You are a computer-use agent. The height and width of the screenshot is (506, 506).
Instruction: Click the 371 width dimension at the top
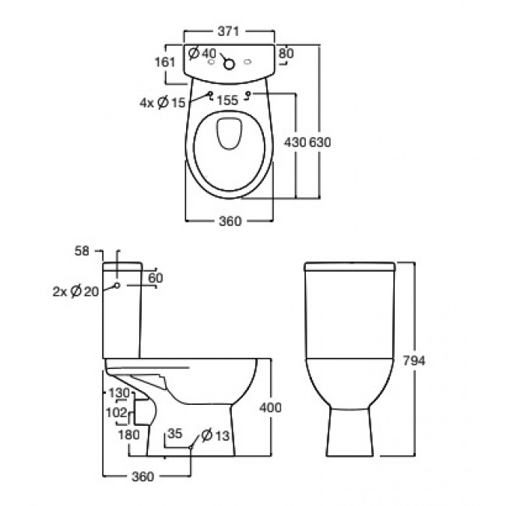[x=227, y=30]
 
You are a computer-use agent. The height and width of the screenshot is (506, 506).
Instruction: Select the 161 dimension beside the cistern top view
[x=162, y=62]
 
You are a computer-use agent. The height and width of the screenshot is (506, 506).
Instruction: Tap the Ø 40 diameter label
[x=202, y=54]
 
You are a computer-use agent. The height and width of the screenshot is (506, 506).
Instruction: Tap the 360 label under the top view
[x=227, y=220]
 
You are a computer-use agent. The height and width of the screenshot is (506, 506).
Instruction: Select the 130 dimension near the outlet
[x=118, y=393]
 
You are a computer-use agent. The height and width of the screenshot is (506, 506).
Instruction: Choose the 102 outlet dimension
[x=116, y=413]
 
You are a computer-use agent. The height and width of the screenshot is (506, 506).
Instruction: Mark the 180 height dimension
[x=129, y=433]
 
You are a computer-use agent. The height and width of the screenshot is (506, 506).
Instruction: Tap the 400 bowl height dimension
[x=270, y=408]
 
